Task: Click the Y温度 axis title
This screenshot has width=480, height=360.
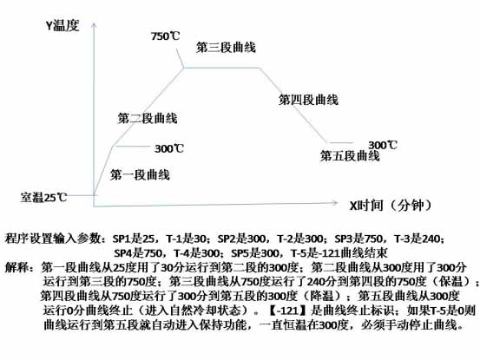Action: (x=62, y=26)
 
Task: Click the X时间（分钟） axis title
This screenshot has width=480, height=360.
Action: (x=391, y=206)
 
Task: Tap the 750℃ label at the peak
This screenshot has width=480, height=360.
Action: (x=165, y=36)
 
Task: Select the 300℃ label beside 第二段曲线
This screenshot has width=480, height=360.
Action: (x=169, y=148)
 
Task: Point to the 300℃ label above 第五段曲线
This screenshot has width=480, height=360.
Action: (x=383, y=145)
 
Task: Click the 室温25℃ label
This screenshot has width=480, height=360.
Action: (x=43, y=198)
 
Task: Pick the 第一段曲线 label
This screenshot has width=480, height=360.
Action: (x=140, y=175)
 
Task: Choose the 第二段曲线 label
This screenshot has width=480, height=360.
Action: (x=148, y=119)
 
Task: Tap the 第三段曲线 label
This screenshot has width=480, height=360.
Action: (x=226, y=48)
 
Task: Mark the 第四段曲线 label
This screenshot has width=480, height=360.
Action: (x=309, y=100)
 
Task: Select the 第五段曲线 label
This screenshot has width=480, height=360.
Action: (x=350, y=156)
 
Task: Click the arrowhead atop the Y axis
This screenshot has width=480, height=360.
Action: (x=94, y=24)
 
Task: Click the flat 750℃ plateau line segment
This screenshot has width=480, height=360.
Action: (x=221, y=68)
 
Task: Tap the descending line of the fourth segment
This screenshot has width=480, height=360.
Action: (x=293, y=106)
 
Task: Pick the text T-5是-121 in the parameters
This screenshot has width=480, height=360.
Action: (x=316, y=253)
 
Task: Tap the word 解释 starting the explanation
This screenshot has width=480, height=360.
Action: (x=16, y=268)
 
